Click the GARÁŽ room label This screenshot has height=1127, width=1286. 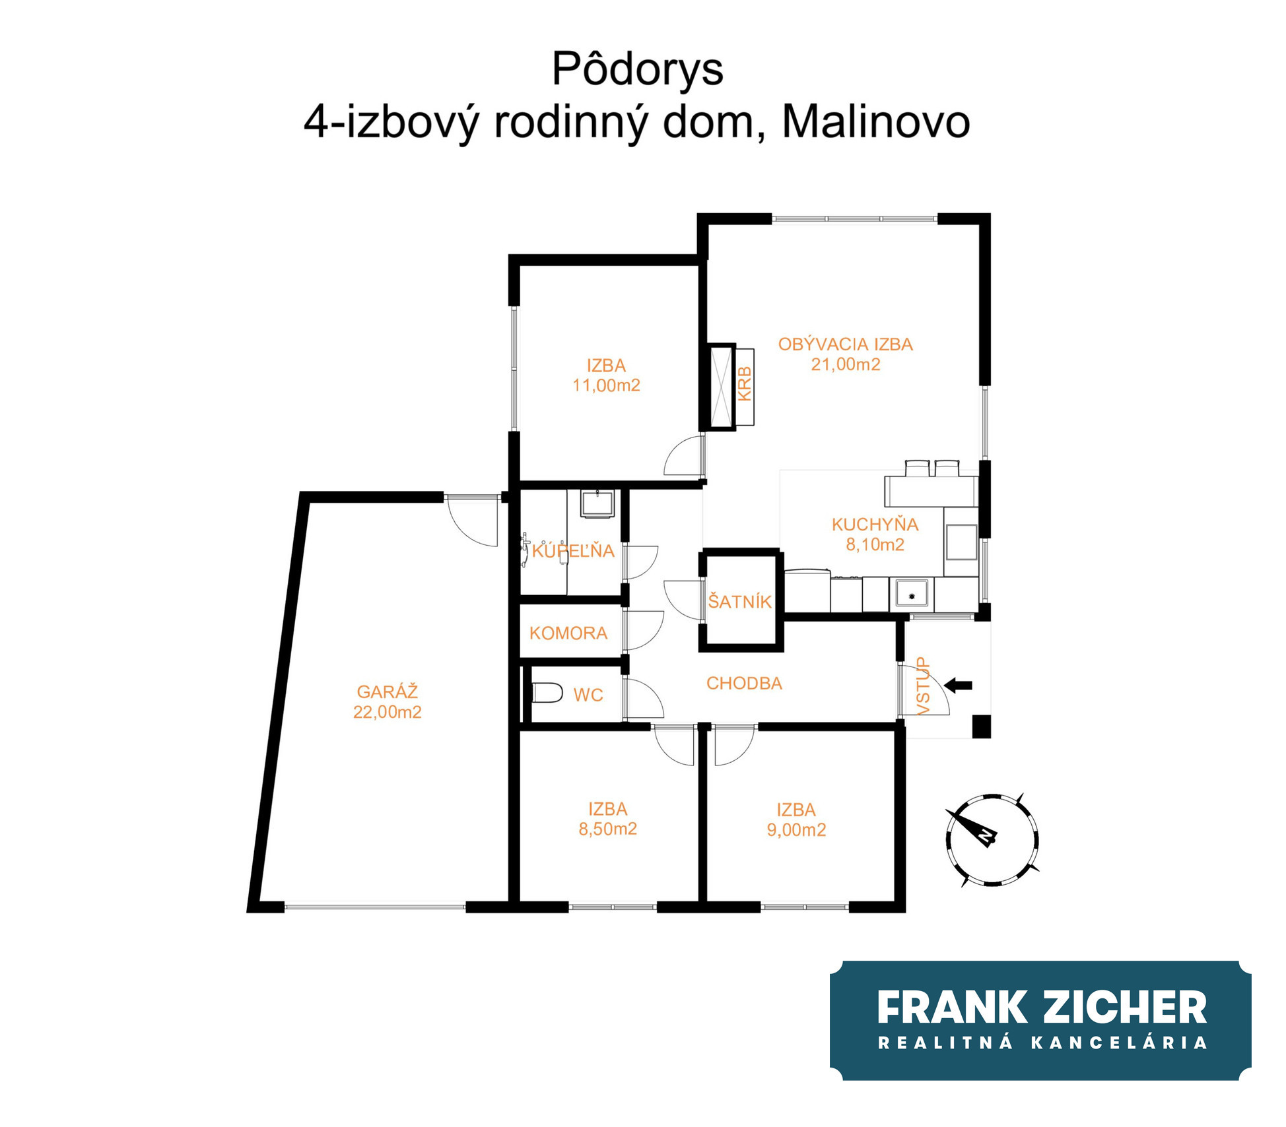click(388, 692)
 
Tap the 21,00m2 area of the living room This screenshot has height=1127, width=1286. click(846, 364)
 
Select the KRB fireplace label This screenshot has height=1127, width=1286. click(744, 385)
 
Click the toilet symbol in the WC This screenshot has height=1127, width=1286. click(547, 693)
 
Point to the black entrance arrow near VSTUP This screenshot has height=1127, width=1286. click(958, 686)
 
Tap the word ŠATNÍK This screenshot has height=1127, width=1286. click(739, 601)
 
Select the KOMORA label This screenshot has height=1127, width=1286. click(568, 633)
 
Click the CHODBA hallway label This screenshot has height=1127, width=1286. click(744, 684)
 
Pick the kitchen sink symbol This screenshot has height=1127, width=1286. click(912, 593)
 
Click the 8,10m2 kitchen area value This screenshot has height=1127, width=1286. click(875, 544)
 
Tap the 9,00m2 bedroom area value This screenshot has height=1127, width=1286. click(796, 830)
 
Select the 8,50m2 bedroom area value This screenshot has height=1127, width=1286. click(607, 829)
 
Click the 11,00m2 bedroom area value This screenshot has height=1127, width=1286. click(606, 385)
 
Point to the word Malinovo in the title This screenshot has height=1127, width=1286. click(875, 122)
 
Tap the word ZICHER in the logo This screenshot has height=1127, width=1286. click(1126, 1008)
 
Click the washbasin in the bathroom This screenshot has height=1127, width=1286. click(597, 503)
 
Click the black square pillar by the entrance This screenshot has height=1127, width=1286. click(982, 726)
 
